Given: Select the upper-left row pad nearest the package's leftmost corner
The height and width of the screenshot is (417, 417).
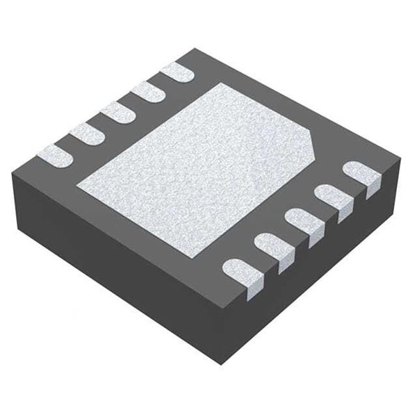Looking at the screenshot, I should [x=54, y=155].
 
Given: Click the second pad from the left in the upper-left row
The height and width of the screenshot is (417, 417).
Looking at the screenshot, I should [x=87, y=133].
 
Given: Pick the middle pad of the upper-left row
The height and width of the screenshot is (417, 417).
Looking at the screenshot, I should [x=117, y=112].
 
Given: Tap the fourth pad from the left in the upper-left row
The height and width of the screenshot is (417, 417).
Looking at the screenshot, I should [x=148, y=90].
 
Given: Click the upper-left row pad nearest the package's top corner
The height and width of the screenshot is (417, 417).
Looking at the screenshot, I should [x=177, y=70].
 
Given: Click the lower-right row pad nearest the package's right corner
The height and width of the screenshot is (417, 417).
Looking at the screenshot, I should [x=363, y=175].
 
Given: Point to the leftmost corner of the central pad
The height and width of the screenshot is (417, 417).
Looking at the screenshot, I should [x=77, y=186].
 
